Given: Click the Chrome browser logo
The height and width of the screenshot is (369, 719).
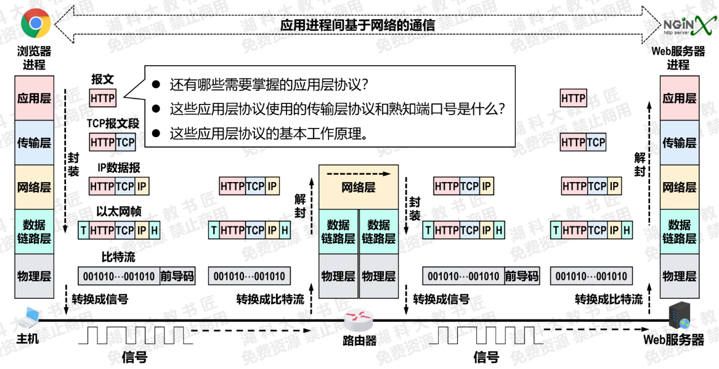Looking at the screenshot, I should pyautogui.click(x=35, y=23).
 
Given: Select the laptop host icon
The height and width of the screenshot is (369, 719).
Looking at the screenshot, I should pyautogui.click(x=28, y=317).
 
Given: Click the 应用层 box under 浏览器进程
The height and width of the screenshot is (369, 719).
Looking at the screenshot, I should pyautogui.click(x=35, y=98).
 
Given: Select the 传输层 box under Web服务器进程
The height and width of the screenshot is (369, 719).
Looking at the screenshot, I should pyautogui.click(x=680, y=143).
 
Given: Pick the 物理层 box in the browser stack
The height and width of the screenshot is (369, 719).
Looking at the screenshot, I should pyautogui.click(x=35, y=276).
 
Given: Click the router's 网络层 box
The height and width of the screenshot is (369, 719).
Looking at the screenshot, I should pyautogui.click(x=358, y=187).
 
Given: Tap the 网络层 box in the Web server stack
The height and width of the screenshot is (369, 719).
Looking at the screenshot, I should pyautogui.click(x=680, y=187).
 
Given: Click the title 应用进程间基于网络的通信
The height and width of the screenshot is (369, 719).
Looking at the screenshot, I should pyautogui.click(x=357, y=25).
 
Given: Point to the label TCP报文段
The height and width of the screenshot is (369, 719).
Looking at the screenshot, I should pyautogui.click(x=113, y=124).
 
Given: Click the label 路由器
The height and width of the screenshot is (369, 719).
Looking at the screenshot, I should pyautogui.click(x=359, y=340).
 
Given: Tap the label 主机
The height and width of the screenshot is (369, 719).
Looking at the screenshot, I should pyautogui.click(x=28, y=338).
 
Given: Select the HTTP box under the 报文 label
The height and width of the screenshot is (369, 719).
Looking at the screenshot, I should pyautogui.click(x=102, y=98).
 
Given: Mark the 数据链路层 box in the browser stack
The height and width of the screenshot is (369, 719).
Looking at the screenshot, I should pyautogui.click(x=35, y=231).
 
